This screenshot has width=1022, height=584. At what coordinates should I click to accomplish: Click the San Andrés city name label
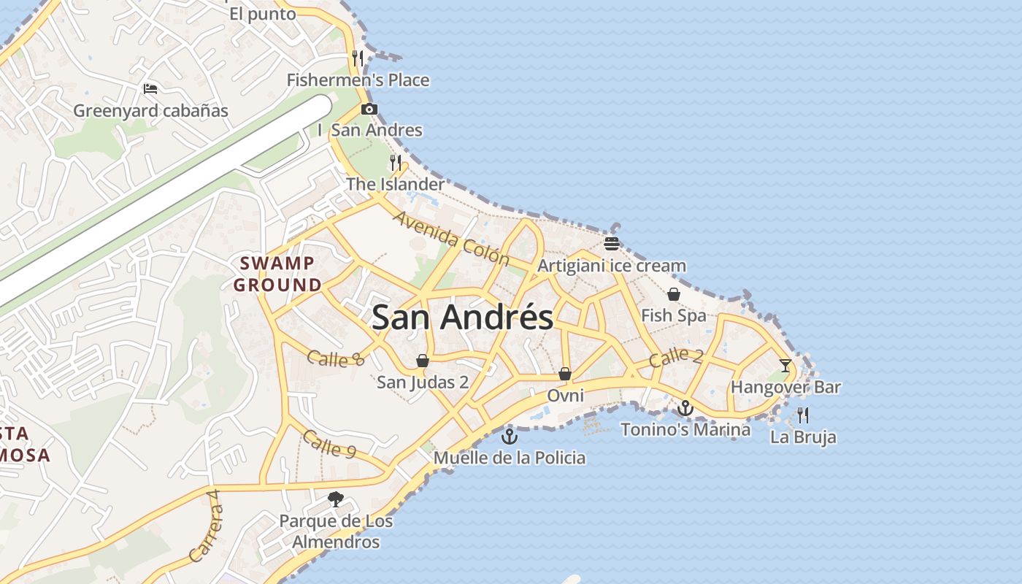(462, 318)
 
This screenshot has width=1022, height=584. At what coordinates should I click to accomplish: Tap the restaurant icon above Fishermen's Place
(358, 58)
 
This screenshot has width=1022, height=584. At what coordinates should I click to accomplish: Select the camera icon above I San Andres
(369, 109)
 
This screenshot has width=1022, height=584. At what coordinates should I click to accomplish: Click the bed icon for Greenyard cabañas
(150, 89)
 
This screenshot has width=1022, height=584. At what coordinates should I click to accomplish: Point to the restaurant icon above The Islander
(396, 162)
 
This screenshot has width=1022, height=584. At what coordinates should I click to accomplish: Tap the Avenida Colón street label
(451, 238)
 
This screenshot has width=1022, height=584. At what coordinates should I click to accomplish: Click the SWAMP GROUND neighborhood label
(277, 274)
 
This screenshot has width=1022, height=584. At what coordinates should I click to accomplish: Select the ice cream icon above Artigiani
(612, 243)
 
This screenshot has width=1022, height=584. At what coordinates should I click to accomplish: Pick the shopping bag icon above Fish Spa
(673, 294)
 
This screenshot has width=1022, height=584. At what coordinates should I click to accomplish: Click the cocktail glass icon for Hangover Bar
(785, 365)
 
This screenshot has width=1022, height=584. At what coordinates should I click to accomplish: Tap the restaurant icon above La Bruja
(803, 415)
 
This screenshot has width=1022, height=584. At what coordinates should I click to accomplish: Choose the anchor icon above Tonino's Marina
(685, 408)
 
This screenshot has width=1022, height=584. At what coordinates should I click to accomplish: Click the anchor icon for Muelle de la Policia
(510, 437)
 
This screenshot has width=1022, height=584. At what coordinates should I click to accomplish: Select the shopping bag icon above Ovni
(565, 374)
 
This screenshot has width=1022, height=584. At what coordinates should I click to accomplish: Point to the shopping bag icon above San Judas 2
(422, 361)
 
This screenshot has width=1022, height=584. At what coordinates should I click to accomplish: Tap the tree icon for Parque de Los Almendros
(336, 499)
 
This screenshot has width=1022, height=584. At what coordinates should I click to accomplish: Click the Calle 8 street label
(335, 358)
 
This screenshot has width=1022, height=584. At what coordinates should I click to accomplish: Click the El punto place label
(263, 14)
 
